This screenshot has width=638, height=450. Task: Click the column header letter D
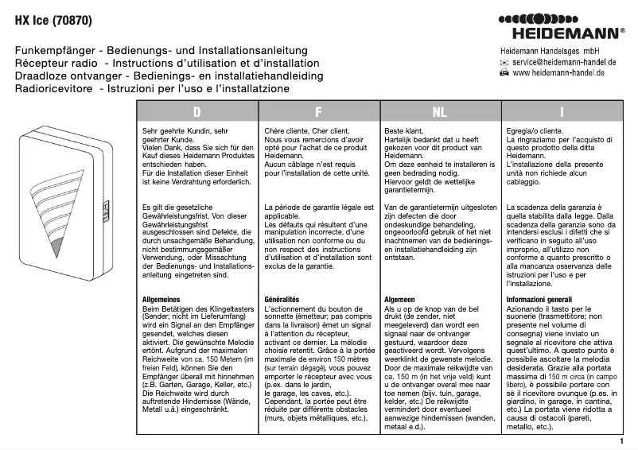click(196, 112)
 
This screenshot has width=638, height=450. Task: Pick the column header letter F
click(318, 112)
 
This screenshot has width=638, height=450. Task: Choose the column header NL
click(439, 112)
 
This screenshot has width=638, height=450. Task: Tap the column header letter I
click(562, 112)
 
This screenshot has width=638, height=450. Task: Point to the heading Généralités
click(282, 299)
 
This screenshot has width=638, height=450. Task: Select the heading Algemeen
click(403, 299)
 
